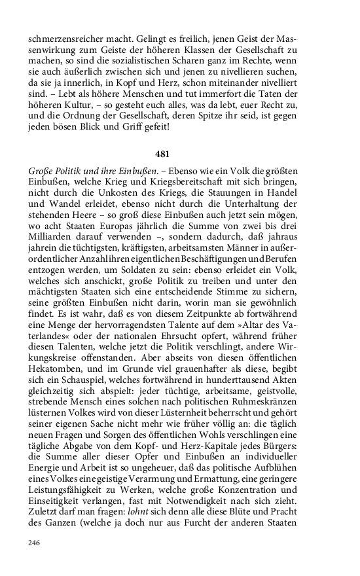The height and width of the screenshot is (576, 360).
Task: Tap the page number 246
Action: [x=35, y=542]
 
